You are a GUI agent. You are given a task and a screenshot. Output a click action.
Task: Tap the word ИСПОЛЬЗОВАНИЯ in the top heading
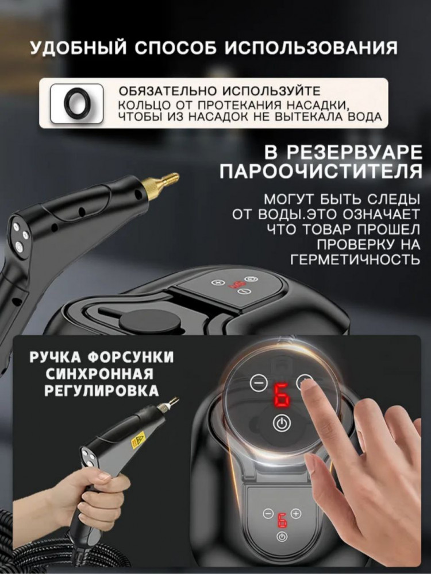[311, 48]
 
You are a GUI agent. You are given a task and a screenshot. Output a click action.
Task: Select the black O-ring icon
[76, 103]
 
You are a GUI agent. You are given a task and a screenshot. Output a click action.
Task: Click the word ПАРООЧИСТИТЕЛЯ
[321, 170]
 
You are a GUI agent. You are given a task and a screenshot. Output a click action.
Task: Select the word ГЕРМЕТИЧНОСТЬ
[355, 259]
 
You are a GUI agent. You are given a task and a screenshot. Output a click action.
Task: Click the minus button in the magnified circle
[259, 383]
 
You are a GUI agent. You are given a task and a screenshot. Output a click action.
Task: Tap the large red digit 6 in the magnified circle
[282, 396]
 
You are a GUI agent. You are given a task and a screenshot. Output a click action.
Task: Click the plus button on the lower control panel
[296, 513]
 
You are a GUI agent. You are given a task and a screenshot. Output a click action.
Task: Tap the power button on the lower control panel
[282, 537]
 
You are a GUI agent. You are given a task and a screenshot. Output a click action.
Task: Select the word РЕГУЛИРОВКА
[102, 391]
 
